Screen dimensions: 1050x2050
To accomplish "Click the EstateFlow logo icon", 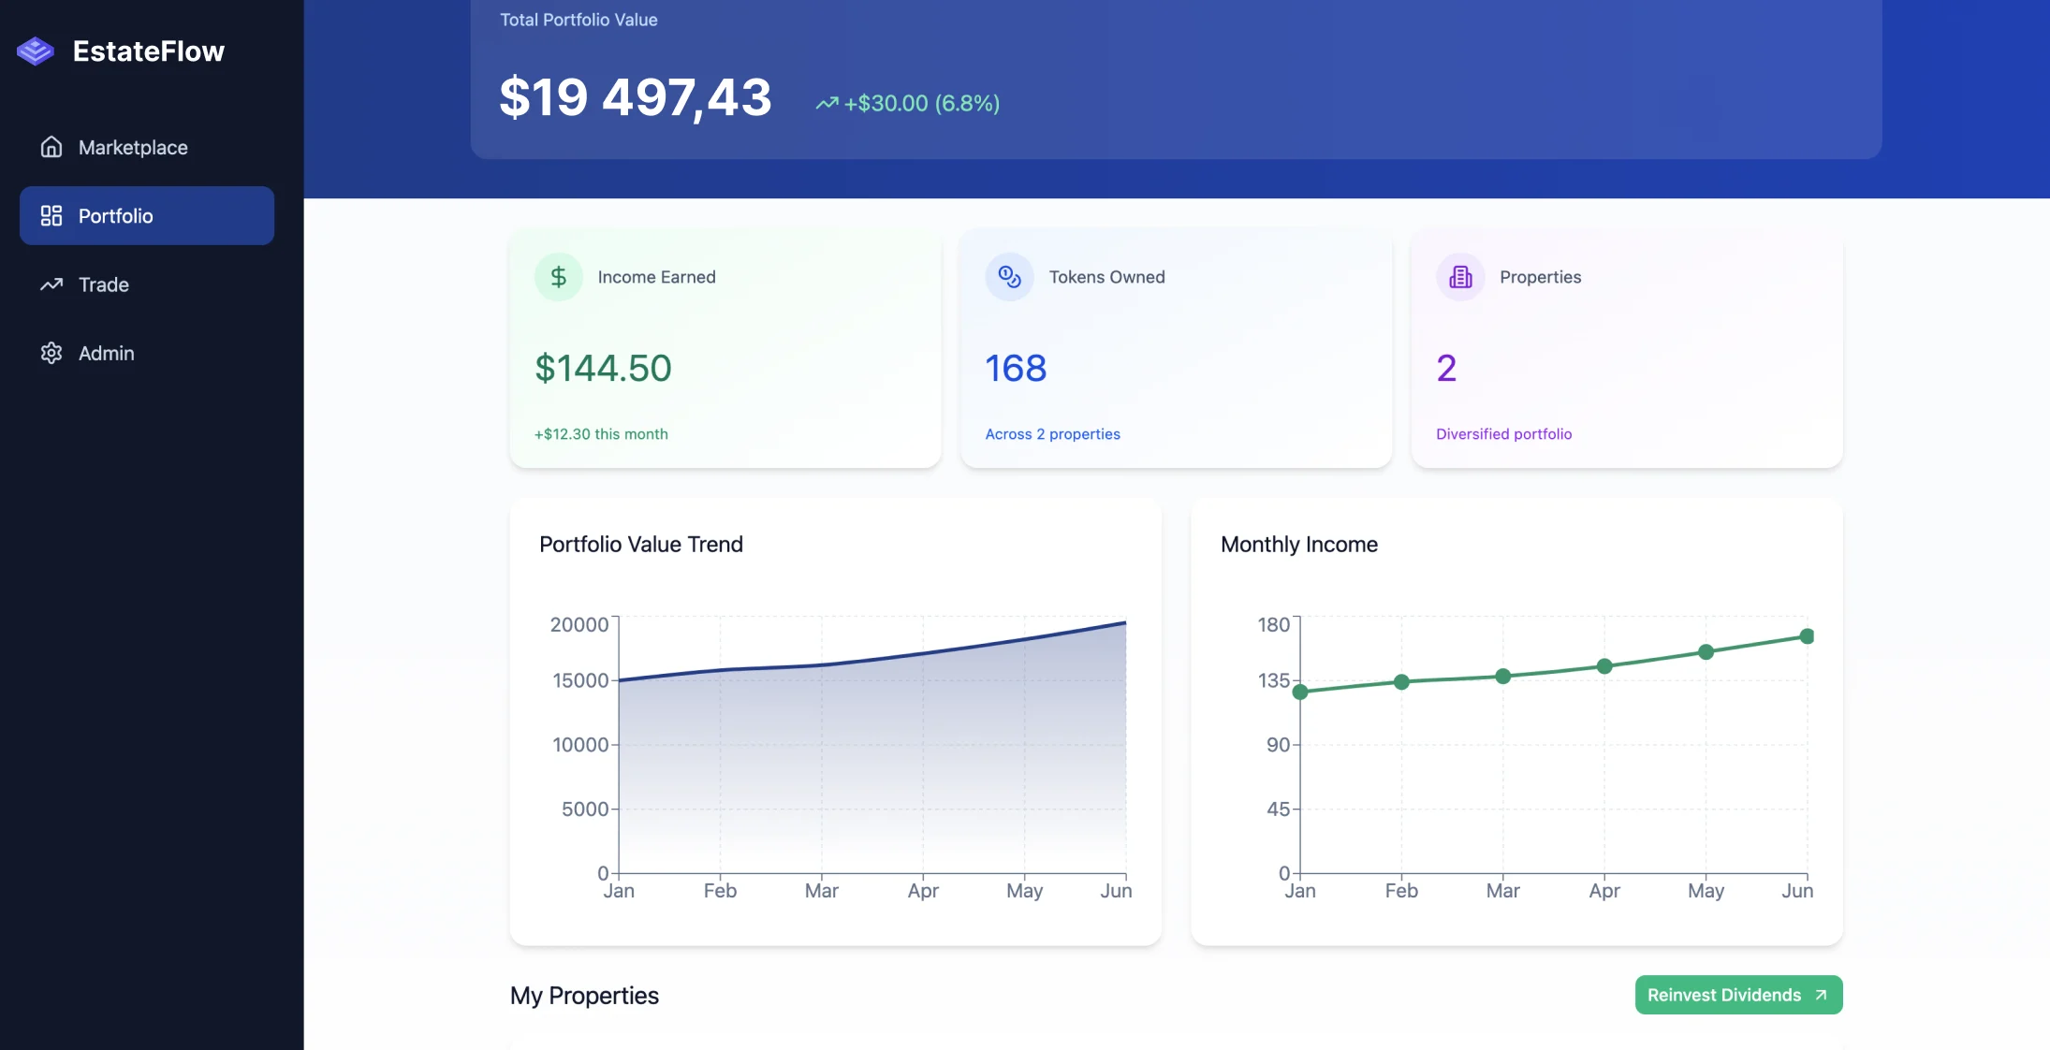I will pyautogui.click(x=36, y=51).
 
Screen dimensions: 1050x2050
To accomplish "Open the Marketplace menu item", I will pyautogui.click(x=132, y=148).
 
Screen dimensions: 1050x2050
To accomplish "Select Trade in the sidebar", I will pyautogui.click(x=103, y=284).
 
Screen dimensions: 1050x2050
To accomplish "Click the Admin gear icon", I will pyautogui.click(x=51, y=353).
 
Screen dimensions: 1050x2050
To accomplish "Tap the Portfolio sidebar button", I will pyautogui.click(x=147, y=216).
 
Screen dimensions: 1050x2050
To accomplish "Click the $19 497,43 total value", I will pyautogui.click(x=635, y=97).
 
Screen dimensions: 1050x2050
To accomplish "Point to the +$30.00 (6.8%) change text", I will pyautogui.click(x=921, y=103).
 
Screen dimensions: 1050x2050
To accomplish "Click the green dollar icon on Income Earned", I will pyautogui.click(x=559, y=277).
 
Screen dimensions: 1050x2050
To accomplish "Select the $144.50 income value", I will pyautogui.click(x=603, y=368).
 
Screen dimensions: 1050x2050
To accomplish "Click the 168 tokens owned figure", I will pyautogui.click(x=1016, y=368).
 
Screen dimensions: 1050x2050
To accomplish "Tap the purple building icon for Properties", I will pyautogui.click(x=1460, y=277).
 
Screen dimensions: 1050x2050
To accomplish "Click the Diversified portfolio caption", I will pyautogui.click(x=1503, y=434).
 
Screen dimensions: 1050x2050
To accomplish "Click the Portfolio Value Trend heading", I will pyautogui.click(x=641, y=545).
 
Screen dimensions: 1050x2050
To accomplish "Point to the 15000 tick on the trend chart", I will pyautogui.click(x=580, y=680).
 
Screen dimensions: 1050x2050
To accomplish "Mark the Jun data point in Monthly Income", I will pyautogui.click(x=1807, y=636).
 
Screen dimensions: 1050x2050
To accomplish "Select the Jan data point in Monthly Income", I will pyautogui.click(x=1300, y=693).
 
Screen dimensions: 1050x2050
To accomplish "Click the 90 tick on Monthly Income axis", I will pyautogui.click(x=1278, y=745).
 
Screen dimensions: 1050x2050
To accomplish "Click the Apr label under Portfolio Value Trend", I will pyautogui.click(x=922, y=891).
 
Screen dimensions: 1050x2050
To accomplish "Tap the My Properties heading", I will pyautogui.click(x=584, y=996).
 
